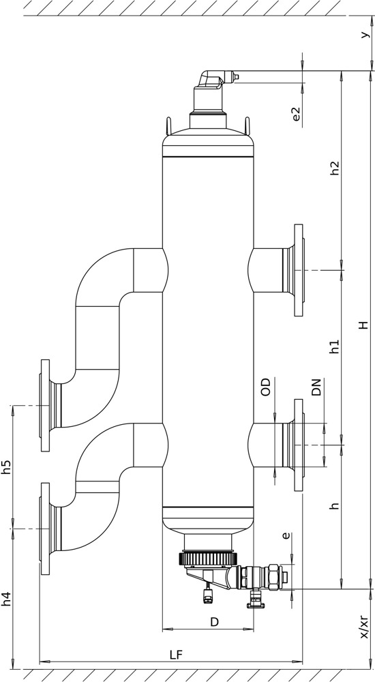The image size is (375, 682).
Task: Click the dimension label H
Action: [x=363, y=325]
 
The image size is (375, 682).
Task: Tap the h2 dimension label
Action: [x=334, y=168]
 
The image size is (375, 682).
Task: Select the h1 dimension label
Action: [x=334, y=346]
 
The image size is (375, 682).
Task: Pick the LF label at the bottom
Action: [x=177, y=655]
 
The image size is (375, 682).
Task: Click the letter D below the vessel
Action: [x=215, y=622]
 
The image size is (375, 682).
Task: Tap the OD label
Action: [x=265, y=387]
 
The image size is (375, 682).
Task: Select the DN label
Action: [x=316, y=387]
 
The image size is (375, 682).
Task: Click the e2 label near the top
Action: [x=297, y=114]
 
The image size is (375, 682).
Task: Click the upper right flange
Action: [x=299, y=270]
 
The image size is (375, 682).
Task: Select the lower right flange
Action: [x=299, y=445]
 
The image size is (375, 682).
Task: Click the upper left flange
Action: [x=45, y=405]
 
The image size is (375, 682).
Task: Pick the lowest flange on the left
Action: [x=45, y=529]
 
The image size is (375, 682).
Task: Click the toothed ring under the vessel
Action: [x=208, y=558]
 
